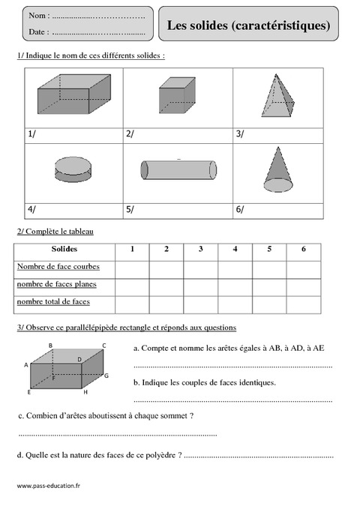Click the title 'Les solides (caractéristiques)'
coord(248,25)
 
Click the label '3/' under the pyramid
coord(240,134)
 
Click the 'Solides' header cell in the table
coord(64,250)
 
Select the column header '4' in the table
coord(235,250)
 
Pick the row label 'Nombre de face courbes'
coord(57,267)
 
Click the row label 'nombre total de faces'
coord(52,301)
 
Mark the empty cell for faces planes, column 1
coord(132,284)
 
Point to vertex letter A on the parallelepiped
coord(25,364)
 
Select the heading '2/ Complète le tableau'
coord(54,232)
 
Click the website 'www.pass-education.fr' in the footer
coord(48,486)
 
